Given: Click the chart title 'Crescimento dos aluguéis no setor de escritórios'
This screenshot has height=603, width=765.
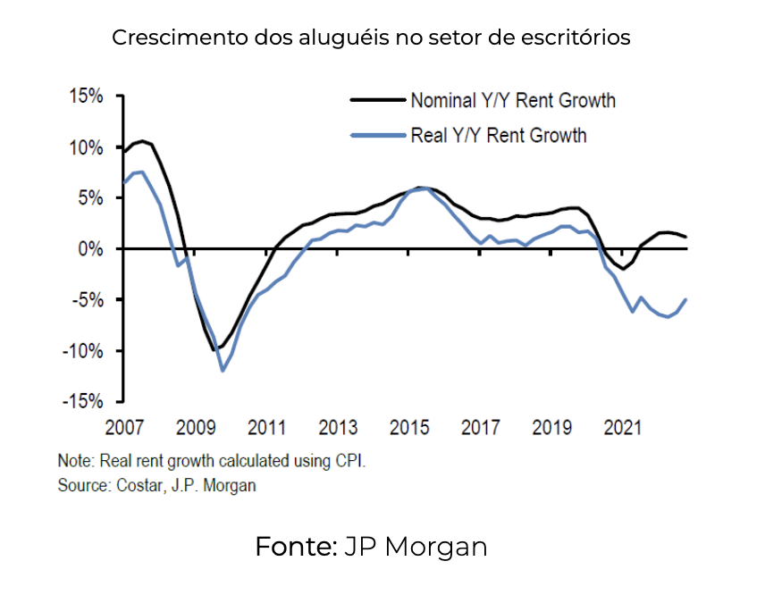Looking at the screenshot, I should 371,38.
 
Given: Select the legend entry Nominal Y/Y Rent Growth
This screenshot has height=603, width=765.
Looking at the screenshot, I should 512,100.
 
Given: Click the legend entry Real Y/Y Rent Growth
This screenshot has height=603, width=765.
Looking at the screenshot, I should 498,136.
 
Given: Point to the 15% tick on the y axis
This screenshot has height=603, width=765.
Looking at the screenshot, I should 86,96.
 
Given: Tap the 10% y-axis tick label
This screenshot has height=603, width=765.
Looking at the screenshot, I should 86,147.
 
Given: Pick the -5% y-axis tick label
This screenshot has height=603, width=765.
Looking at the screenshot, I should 88,300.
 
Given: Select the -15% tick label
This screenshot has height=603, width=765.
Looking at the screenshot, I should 84,402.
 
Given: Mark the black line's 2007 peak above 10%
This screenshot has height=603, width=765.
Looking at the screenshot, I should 141,140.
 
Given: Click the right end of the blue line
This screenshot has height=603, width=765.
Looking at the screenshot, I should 685,299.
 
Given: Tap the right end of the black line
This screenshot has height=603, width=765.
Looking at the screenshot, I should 685,237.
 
